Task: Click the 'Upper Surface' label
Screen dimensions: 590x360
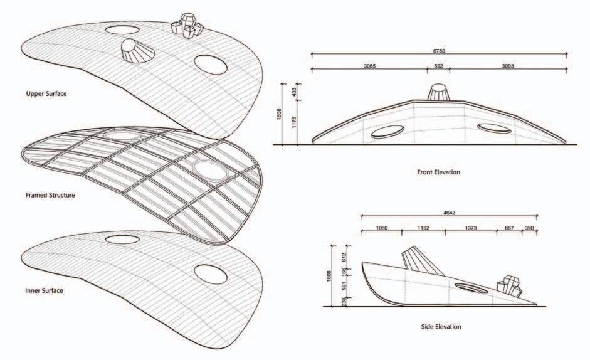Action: [46, 94]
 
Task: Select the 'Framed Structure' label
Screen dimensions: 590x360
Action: [50, 195]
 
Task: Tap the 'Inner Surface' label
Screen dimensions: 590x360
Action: [45, 290]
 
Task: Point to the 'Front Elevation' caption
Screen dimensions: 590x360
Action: [438, 171]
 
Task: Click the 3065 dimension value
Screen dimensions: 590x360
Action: [369, 65]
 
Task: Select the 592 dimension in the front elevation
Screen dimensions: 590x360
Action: [438, 65]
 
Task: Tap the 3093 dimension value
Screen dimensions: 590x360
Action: [508, 65]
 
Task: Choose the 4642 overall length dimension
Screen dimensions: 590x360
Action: [449, 213]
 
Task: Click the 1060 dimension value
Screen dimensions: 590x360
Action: [381, 228]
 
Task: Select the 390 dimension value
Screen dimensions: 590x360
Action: [530, 228]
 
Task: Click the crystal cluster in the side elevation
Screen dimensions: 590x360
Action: [508, 287]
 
